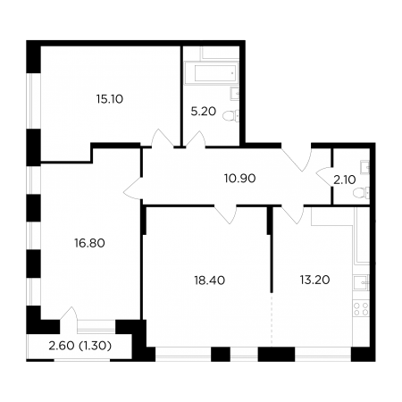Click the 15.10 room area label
click(x=110, y=99)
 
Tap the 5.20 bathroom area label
click(x=203, y=112)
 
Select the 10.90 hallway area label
click(x=239, y=179)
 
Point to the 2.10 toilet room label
click(x=345, y=180)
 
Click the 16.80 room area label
click(x=89, y=243)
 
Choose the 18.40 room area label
click(x=210, y=281)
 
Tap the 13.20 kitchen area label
click(x=314, y=280)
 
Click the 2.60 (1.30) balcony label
click(x=80, y=346)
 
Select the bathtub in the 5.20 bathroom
click(x=212, y=73)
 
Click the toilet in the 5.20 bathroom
click(x=230, y=115)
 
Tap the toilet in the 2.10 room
click(x=361, y=192)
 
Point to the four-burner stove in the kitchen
click(x=361, y=308)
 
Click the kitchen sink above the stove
click(x=361, y=282)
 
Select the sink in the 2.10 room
click(x=364, y=167)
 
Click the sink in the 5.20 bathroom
click(x=234, y=93)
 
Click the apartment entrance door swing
click(x=297, y=158)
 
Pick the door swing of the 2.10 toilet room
click(x=324, y=176)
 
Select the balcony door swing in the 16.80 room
click(x=69, y=314)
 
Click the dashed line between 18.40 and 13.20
click(x=272, y=320)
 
